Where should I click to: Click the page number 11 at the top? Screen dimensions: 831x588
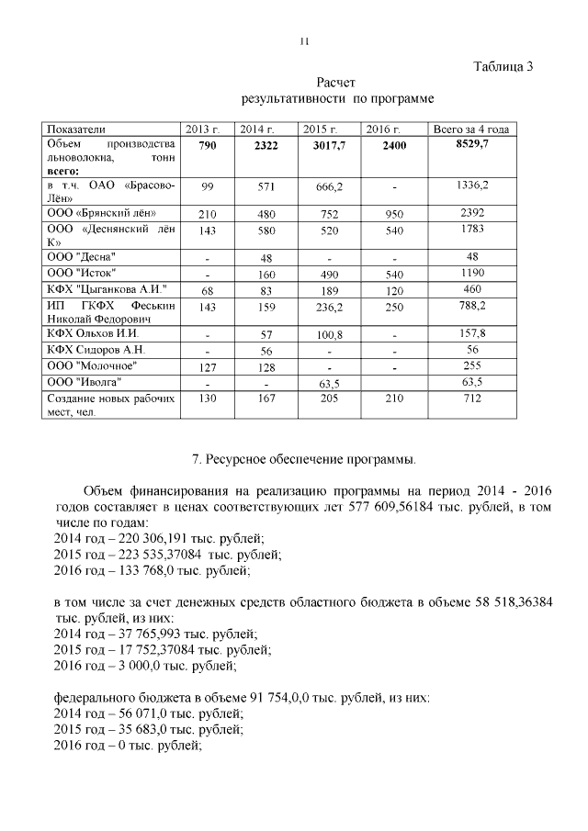tap(306, 41)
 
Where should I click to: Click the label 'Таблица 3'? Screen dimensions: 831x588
tap(503, 66)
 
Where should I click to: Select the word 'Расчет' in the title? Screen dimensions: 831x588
tap(335, 83)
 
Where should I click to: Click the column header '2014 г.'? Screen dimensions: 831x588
tap(258, 129)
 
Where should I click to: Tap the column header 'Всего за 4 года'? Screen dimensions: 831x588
tap(470, 129)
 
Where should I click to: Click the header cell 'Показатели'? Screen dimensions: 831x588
tap(77, 129)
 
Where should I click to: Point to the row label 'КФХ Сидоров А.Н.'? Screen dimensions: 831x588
tap(96, 349)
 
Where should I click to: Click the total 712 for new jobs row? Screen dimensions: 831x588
tap(471, 399)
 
